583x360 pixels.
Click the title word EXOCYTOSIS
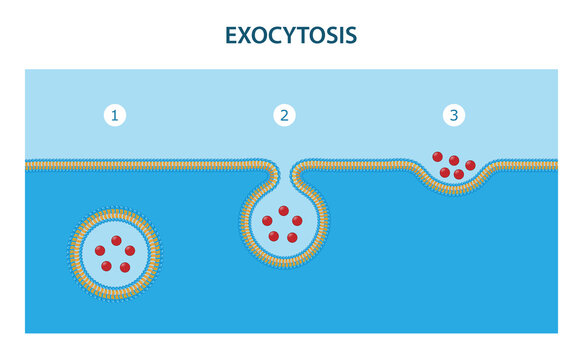pos(291,36)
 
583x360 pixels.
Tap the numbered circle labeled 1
pos(115,116)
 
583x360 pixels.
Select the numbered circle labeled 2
pos(285,116)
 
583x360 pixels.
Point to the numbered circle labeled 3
pos(455,116)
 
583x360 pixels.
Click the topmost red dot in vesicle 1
pos(116,240)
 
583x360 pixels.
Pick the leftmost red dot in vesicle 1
pos(101,250)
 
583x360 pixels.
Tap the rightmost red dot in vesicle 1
pos(131,250)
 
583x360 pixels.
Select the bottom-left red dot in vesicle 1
pos(107,266)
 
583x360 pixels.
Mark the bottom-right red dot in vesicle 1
pos(125,267)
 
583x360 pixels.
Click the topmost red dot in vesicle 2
pos(283,211)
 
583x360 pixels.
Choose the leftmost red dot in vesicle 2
pos(268,221)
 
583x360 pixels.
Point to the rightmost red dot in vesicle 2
pos(297,221)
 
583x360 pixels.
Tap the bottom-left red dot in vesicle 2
pos(274,237)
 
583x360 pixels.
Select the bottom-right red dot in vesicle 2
pos(292,237)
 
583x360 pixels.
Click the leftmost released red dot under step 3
pos(437,156)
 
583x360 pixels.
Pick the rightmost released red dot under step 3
pos(470,165)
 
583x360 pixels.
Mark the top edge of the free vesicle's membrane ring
pos(116,211)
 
